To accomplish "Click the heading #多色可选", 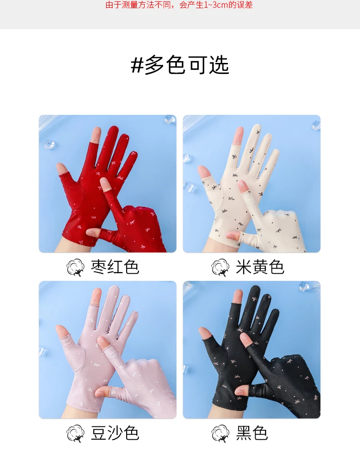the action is pos(180,65).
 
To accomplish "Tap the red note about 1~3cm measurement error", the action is pos(179,5).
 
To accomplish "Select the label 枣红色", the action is pos(115,267).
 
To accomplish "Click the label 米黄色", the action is pos(260,267).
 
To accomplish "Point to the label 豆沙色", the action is pos(115,433).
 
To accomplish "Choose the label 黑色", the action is pos(252,433).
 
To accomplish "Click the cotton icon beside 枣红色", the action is pos(76,268).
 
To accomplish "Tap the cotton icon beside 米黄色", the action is pos(220,268).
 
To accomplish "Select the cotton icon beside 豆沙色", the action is pos(76,434).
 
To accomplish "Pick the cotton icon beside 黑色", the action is pos(220,434).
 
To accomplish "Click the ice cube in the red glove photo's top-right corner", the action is pos(170,119).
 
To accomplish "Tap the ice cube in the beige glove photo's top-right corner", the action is pos(316,125).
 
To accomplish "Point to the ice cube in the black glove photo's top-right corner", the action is pos(304,286).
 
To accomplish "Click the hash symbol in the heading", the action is pos(137,65).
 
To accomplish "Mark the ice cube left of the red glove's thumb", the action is pos(49,144).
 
